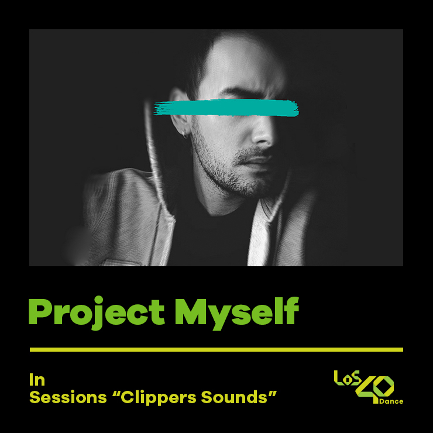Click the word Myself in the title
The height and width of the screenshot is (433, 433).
coord(236,311)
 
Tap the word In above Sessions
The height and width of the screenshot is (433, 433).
coord(37,380)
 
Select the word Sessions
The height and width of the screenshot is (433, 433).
coord(64,398)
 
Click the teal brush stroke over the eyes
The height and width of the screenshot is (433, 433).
coord(226,108)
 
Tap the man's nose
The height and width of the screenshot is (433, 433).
coord(262,133)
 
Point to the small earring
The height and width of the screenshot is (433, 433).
coord(186,136)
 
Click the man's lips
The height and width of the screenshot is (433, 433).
coord(261,161)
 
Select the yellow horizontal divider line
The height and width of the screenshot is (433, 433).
coord(216,349)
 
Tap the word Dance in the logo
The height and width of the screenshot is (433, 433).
coord(391,402)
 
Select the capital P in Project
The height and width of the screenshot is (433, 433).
coord(40,311)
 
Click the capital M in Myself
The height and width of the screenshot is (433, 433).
coord(191,311)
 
